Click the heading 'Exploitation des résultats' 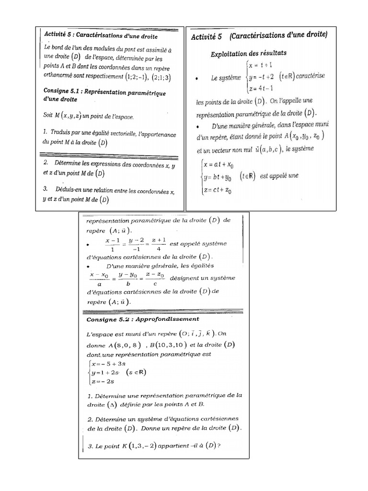coord(249,53)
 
